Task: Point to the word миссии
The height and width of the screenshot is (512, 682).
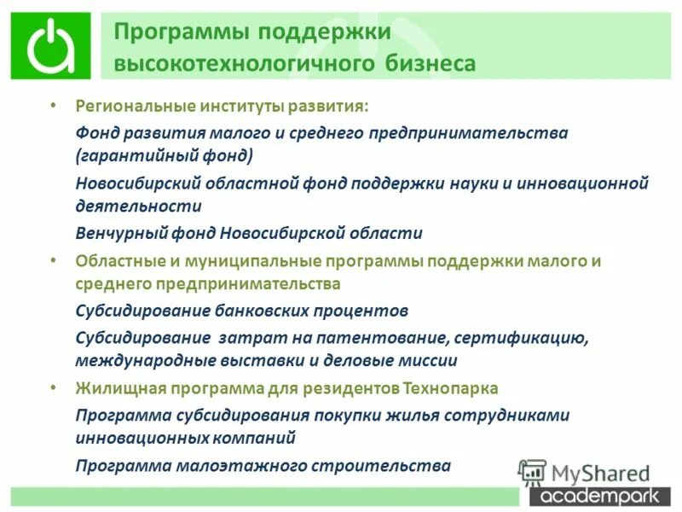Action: point(428,360)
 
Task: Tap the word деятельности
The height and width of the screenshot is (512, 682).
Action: point(138,207)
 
